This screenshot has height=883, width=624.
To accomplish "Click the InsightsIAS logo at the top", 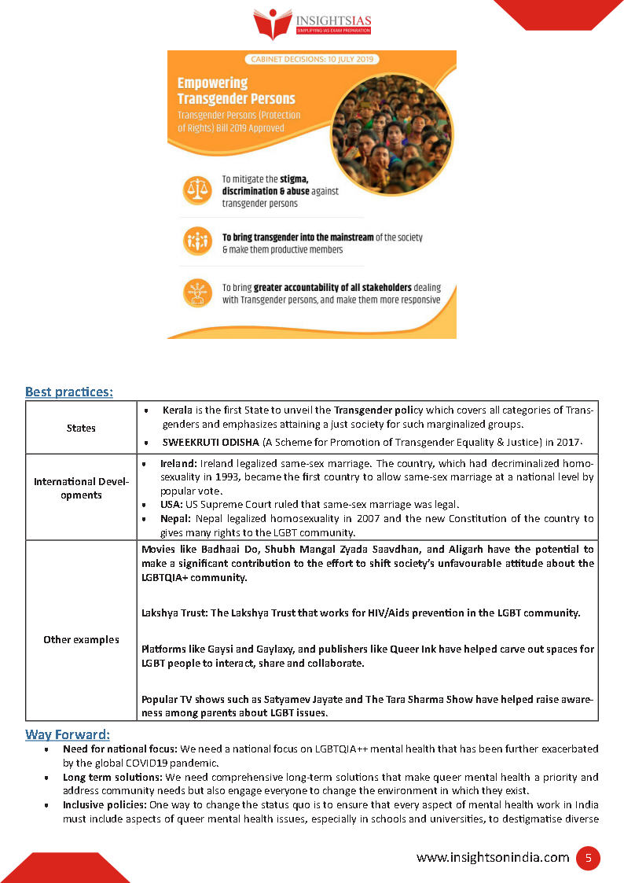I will [x=311, y=24].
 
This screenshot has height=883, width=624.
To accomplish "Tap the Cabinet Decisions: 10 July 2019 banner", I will [x=312, y=59].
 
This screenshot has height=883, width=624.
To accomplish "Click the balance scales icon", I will [x=196, y=190].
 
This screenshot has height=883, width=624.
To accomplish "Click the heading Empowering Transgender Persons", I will [x=236, y=90].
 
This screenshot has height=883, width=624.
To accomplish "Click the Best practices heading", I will [x=68, y=391].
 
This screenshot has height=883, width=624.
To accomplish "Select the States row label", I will [x=81, y=428].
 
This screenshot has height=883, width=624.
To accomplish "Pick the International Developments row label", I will [x=81, y=487].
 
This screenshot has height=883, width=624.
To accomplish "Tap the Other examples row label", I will [x=81, y=639].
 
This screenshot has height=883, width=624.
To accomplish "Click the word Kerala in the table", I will [x=178, y=410].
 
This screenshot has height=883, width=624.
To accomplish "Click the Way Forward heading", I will [x=68, y=734].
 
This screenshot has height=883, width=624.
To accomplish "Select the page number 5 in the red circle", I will [x=587, y=858].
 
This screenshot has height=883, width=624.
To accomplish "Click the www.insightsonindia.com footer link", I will [x=492, y=858].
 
